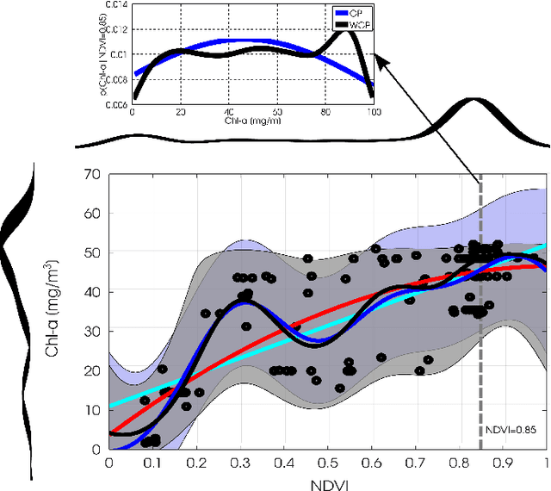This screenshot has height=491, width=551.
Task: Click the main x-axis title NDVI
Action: (x=327, y=482)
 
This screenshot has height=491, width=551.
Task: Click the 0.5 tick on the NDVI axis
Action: (x=327, y=463)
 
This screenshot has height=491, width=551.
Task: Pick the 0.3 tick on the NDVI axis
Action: (x=240, y=463)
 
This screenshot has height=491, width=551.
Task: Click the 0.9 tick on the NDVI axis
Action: (x=502, y=463)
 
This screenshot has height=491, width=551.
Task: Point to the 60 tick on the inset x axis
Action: (x=277, y=112)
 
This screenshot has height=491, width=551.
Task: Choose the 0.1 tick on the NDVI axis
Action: (x=152, y=463)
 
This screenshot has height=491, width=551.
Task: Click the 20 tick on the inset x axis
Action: (x=181, y=112)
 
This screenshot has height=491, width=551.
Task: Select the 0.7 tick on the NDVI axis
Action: (x=415, y=463)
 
